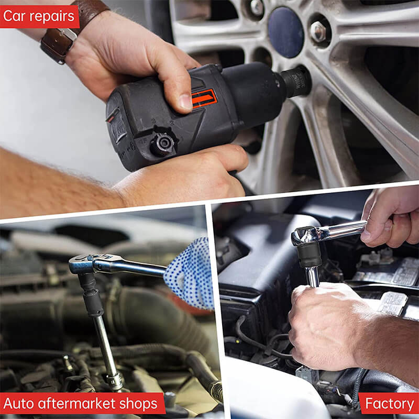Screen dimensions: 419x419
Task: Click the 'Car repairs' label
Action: tap(39, 17)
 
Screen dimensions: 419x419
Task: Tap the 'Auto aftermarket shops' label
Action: tap(80, 404)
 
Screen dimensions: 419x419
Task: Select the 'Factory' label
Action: tap(389, 404)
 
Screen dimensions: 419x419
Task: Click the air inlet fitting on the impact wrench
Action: tap(163, 143)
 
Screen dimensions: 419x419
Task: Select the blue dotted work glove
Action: tap(191, 273)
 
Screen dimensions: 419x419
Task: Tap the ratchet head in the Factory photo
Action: tap(306, 235)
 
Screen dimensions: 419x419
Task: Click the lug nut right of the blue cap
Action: tap(318, 32)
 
